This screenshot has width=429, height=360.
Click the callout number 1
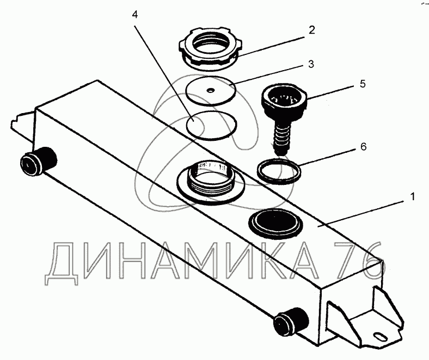(x=412, y=196)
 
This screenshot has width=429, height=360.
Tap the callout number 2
(x=311, y=30)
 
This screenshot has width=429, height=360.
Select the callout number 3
(x=311, y=64)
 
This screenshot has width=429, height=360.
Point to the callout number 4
(x=135, y=15)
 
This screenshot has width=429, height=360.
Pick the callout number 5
(x=363, y=84)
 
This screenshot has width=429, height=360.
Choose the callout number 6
(x=363, y=147)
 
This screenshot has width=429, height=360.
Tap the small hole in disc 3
(x=210, y=90)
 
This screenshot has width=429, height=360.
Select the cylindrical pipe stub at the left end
(x=38, y=161)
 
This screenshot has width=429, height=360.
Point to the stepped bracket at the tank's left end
(x=23, y=125)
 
